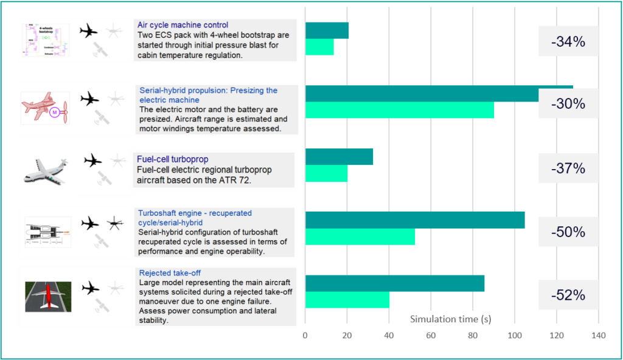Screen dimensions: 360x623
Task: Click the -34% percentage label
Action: [568, 42]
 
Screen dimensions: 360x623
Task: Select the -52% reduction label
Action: [568, 296]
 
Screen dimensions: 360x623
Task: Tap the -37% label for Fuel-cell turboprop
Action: [568, 168]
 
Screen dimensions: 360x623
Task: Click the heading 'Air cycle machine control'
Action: [183, 25]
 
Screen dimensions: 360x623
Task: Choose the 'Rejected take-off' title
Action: [170, 273]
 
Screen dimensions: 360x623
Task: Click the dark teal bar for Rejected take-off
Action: [394, 283]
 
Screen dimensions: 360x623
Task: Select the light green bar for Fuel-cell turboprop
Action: [326, 173]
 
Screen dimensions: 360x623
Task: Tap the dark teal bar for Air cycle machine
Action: [327, 31]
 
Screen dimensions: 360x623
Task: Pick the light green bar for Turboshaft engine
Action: [360, 237]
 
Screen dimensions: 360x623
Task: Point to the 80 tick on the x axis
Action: [473, 336]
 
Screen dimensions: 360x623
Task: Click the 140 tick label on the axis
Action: [599, 336]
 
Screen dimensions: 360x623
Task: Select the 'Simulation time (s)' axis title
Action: [450, 319]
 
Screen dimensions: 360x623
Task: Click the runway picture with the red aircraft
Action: [48, 296]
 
